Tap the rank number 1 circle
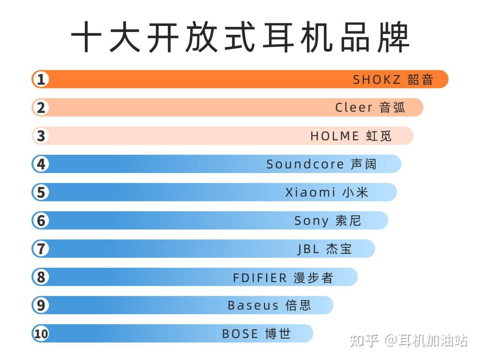point(41,79)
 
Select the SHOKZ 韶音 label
point(393,79)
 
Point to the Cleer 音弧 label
point(370,107)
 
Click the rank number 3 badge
point(41,136)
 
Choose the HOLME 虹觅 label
point(351,136)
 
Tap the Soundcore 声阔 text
point(321,164)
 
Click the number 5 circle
point(41,192)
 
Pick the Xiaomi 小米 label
point(327,192)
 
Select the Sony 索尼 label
point(327,220)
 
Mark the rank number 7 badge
point(41,248)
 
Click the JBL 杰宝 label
point(324,249)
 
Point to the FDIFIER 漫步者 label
point(283,278)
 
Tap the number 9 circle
point(41,305)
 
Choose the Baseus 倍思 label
point(269,305)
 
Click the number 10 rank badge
point(41,333)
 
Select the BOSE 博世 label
point(257,334)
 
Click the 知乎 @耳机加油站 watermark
point(409,341)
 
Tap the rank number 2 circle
point(41,107)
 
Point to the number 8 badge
point(41,277)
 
